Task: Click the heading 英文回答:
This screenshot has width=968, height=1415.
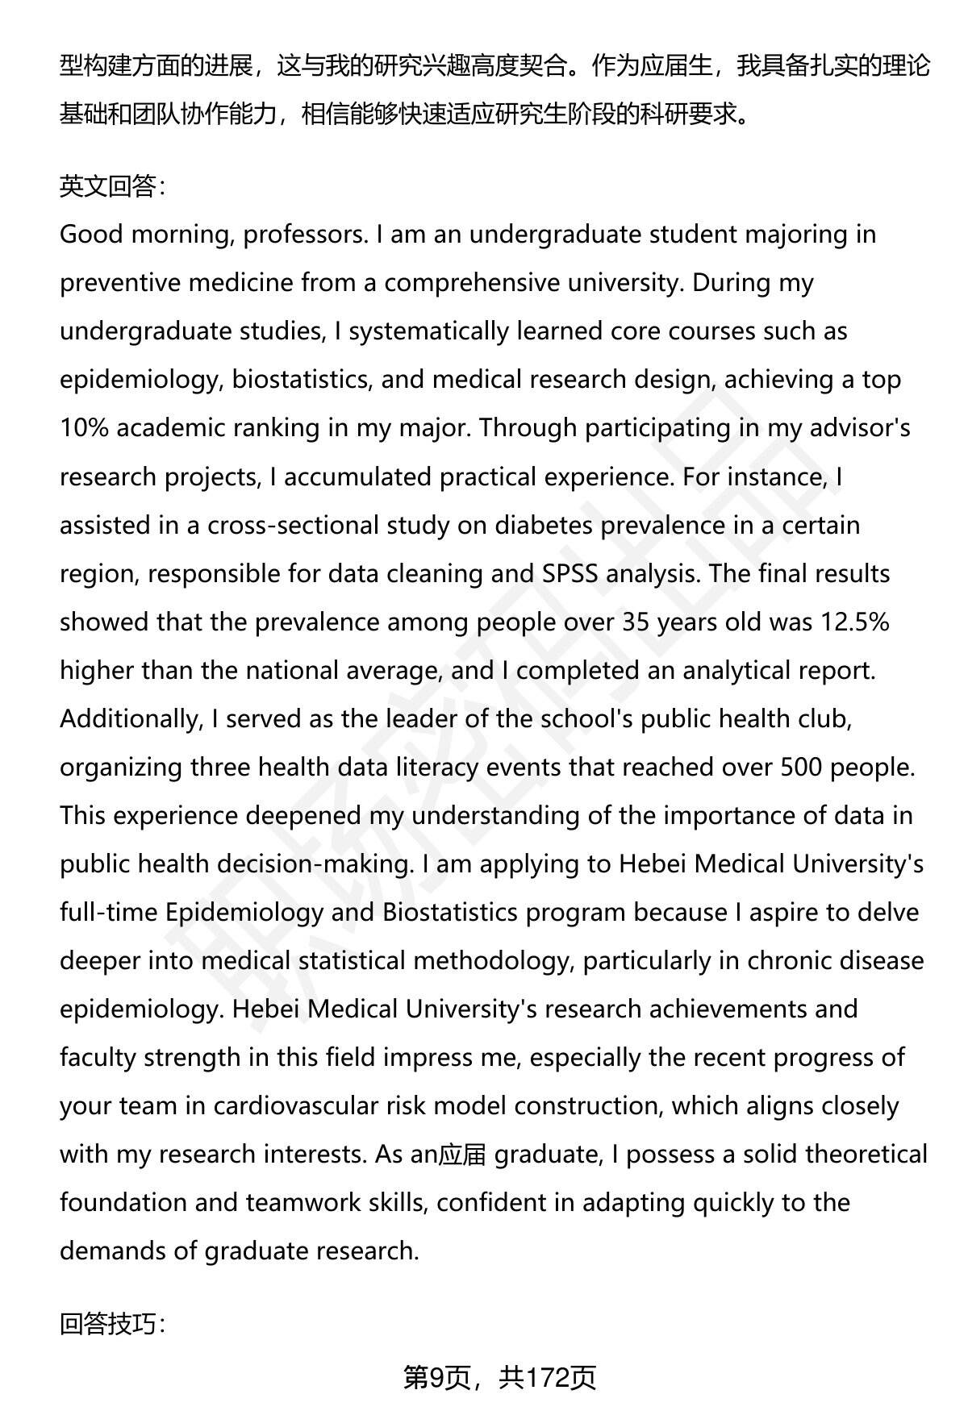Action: (x=113, y=186)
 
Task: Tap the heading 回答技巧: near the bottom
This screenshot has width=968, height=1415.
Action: (x=113, y=1323)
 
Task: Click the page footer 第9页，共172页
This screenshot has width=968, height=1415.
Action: (x=499, y=1377)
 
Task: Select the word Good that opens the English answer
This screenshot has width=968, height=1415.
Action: (x=90, y=235)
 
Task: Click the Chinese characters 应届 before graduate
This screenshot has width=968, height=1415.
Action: (x=462, y=1155)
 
